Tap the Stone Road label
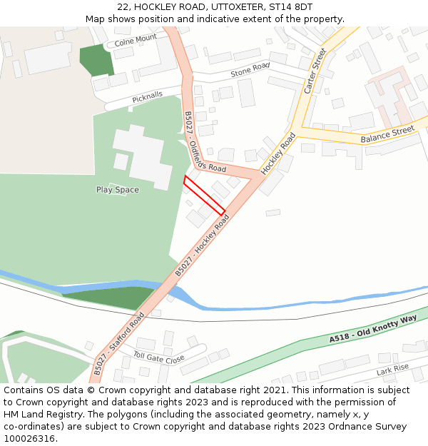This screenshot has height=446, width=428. point(250,71)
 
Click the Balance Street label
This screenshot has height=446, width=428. point(387,134)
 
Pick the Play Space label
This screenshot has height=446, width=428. point(118,190)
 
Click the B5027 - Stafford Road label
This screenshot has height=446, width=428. point(118,343)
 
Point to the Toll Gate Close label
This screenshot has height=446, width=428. point(159,355)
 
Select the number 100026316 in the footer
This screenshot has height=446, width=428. point(29,438)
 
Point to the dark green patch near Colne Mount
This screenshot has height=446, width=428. point(97,59)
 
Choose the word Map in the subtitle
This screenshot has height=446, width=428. point(96,19)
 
